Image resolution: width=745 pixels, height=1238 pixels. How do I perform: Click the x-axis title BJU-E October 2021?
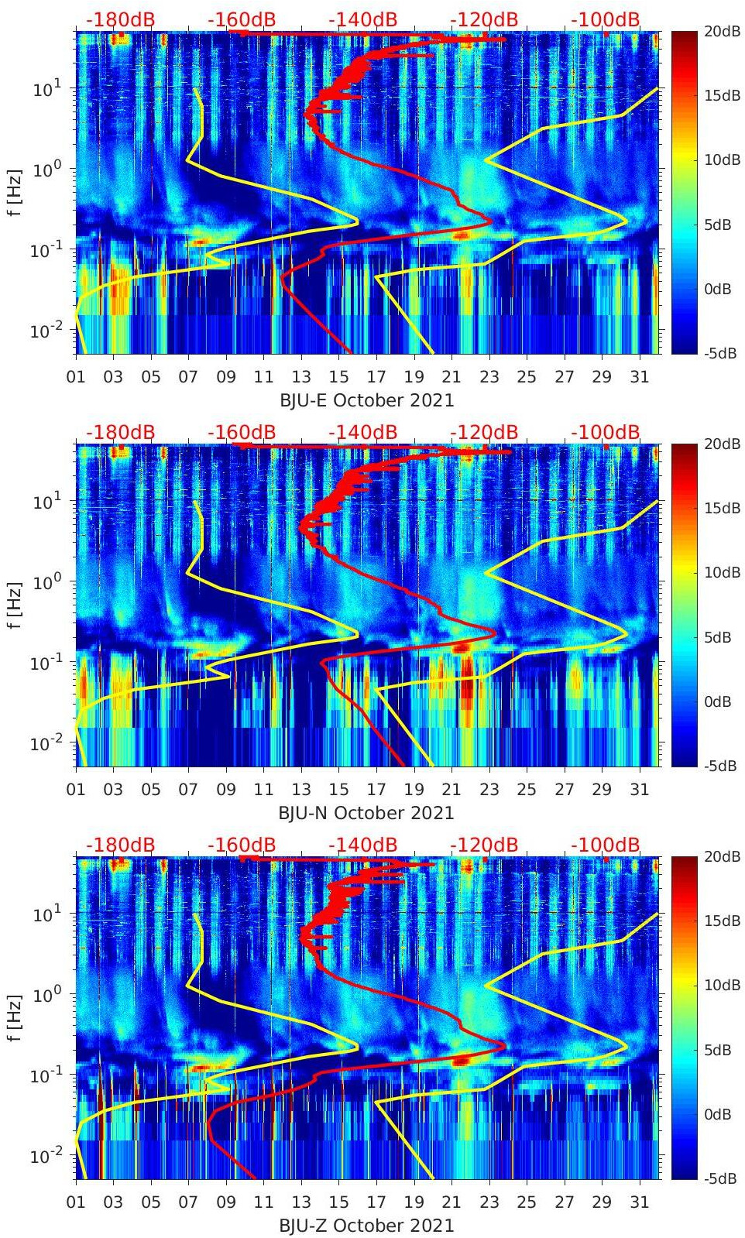[x=366, y=400]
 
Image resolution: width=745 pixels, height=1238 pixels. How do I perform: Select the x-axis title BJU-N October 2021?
[x=366, y=813]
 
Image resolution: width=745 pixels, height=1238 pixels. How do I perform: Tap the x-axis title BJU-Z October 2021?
[x=366, y=1226]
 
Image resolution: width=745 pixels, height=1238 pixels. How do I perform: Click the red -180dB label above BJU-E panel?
[x=120, y=19]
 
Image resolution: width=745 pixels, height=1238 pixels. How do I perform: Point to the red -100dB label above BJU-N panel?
[x=606, y=432]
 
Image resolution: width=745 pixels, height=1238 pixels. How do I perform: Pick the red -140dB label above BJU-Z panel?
[x=362, y=845]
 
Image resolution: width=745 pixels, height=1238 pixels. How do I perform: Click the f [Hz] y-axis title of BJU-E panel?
[x=15, y=192]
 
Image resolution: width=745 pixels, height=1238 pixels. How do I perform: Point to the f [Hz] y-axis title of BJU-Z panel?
[x=15, y=1017]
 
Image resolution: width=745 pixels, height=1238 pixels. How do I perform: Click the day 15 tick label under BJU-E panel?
[x=338, y=377]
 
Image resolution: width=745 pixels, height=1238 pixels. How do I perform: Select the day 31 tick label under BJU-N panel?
[x=639, y=790]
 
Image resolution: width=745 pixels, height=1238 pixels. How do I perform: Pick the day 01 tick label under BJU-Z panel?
[x=76, y=1202]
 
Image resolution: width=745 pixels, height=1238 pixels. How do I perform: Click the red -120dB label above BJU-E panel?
[x=484, y=19]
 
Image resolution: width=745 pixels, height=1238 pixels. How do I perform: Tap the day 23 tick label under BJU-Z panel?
[x=489, y=1202]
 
